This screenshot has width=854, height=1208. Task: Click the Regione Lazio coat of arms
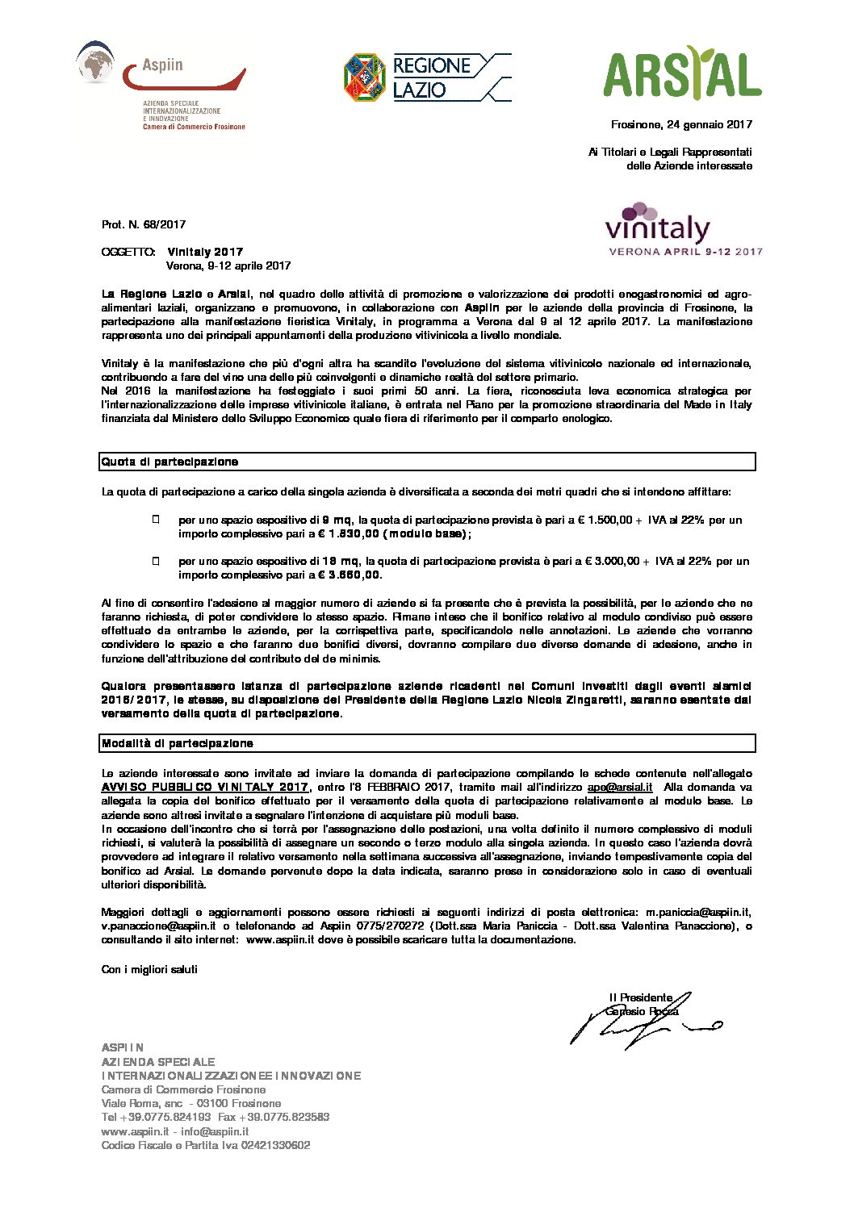click(x=365, y=77)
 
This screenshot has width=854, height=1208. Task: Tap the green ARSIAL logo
click(x=682, y=73)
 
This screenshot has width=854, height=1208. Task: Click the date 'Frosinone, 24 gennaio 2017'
click(x=681, y=124)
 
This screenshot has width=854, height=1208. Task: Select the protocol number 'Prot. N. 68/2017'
click(x=144, y=224)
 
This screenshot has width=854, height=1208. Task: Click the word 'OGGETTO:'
click(x=128, y=252)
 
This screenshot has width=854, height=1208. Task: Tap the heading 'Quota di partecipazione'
click(x=170, y=462)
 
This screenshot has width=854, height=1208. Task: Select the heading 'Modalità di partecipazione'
click(x=178, y=743)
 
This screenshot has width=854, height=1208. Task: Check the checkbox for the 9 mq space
click(x=156, y=520)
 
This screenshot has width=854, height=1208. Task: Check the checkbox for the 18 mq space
click(x=156, y=561)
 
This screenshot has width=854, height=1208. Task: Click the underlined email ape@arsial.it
click(x=619, y=787)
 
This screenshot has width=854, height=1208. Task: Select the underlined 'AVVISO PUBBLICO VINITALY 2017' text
click(x=205, y=787)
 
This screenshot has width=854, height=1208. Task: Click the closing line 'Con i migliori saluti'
click(x=149, y=969)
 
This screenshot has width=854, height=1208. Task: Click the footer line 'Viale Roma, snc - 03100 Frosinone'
click(x=191, y=1103)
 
